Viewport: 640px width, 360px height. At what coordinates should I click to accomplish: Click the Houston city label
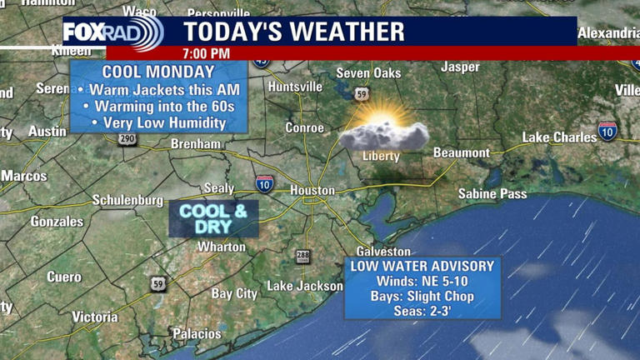click(x=312, y=190)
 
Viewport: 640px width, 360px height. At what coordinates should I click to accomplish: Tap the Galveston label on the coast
click(x=383, y=251)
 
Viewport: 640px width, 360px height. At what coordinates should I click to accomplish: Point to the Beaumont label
click(x=462, y=152)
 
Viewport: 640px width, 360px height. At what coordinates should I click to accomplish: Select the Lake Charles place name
click(x=559, y=137)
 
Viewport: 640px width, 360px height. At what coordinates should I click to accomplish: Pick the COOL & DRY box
click(x=213, y=219)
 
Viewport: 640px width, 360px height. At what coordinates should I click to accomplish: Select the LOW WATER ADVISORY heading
click(x=422, y=267)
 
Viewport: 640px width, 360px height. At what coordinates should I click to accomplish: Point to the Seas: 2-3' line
click(x=422, y=312)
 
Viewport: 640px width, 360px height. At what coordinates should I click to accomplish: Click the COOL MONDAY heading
click(x=158, y=72)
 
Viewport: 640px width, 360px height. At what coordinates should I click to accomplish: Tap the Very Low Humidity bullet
click(x=158, y=122)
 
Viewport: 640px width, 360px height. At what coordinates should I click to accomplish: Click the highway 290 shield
click(x=127, y=139)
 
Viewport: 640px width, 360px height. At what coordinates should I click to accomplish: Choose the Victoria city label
click(x=95, y=317)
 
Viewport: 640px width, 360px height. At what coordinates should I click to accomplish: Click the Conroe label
click(x=304, y=127)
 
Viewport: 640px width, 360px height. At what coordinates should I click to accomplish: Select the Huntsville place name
click(x=296, y=87)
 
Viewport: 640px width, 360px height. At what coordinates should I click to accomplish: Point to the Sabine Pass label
click(x=492, y=194)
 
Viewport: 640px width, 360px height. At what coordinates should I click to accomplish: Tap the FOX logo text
click(x=87, y=33)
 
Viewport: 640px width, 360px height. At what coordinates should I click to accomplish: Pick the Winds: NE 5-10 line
click(x=422, y=282)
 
